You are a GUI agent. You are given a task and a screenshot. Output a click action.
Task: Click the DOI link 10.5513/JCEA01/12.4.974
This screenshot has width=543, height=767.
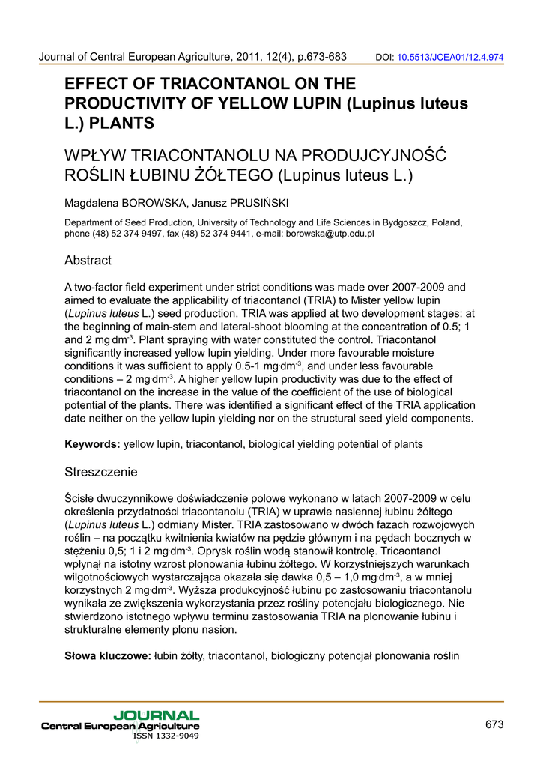(x=449, y=56)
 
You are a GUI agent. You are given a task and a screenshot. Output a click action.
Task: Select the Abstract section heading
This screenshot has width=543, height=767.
(x=88, y=261)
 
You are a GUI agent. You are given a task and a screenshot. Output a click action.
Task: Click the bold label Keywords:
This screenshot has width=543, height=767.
(x=92, y=444)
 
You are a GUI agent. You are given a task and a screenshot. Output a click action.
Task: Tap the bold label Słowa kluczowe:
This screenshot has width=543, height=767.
(x=108, y=656)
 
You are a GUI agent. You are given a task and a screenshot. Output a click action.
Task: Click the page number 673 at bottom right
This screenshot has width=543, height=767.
(x=494, y=724)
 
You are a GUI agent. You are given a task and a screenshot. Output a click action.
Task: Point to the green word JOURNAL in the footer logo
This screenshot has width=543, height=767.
(x=157, y=716)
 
